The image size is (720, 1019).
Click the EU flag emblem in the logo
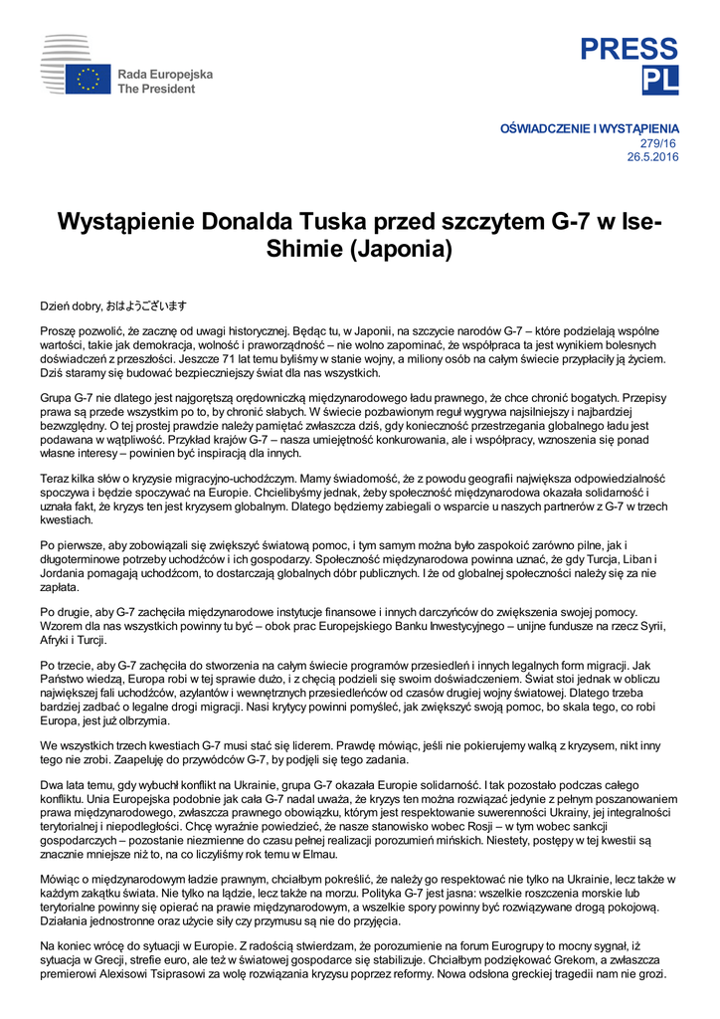(x=89, y=80)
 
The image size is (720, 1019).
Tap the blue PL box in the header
(x=659, y=80)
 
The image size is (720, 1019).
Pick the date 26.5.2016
(x=652, y=157)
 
